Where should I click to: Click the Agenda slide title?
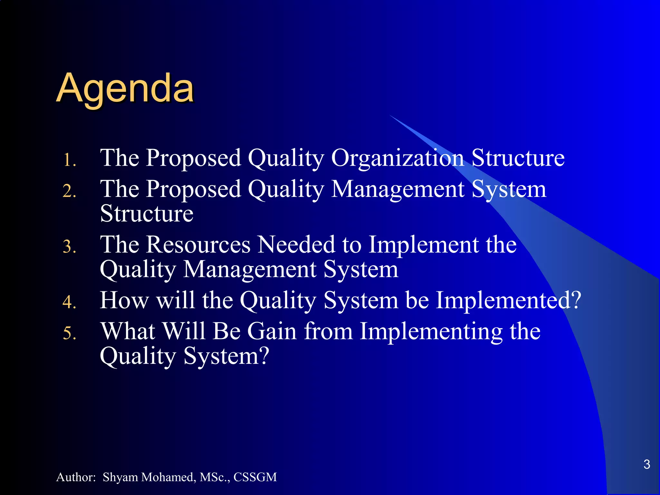click(125, 88)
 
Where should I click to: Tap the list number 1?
click(69, 160)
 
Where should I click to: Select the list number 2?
click(69, 191)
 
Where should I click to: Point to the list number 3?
click(69, 247)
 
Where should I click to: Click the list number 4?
click(69, 302)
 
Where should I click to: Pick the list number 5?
click(69, 333)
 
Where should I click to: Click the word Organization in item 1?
click(397, 158)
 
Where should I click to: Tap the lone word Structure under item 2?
click(147, 214)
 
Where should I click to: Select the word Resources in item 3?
click(198, 245)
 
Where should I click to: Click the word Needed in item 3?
click(296, 245)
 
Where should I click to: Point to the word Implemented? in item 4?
click(508, 300)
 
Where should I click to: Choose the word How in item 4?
click(124, 300)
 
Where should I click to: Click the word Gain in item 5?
click(272, 331)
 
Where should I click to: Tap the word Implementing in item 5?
click(431, 332)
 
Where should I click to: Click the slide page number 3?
click(646, 464)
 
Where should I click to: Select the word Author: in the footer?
click(76, 477)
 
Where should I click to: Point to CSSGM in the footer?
click(255, 477)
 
